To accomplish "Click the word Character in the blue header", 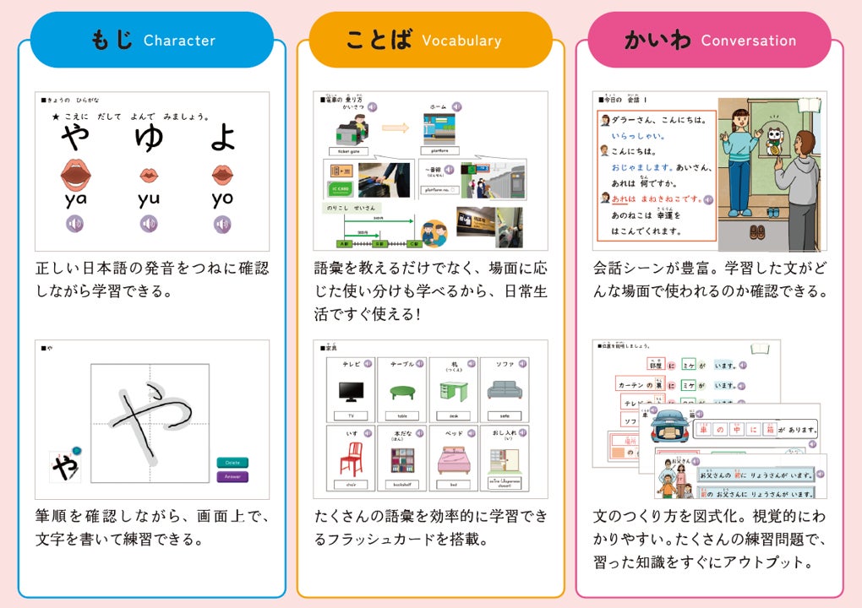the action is point(179,41).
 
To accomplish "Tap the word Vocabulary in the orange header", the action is point(461,41).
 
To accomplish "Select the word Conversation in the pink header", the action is point(748,41).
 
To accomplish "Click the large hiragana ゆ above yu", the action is point(149,137).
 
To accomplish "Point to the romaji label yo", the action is point(222,199).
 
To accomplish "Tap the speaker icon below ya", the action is point(75,224).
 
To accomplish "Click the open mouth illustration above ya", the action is point(75,175).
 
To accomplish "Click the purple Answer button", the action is point(232,477).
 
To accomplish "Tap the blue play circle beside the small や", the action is point(76,451).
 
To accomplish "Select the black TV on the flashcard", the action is point(351,392).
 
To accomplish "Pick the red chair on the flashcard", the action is point(352,459).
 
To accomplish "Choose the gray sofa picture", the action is point(505,390).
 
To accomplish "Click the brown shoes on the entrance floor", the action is point(757,232).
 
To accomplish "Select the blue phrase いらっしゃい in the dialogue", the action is point(638,135).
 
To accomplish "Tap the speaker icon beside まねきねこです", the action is point(707,199).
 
